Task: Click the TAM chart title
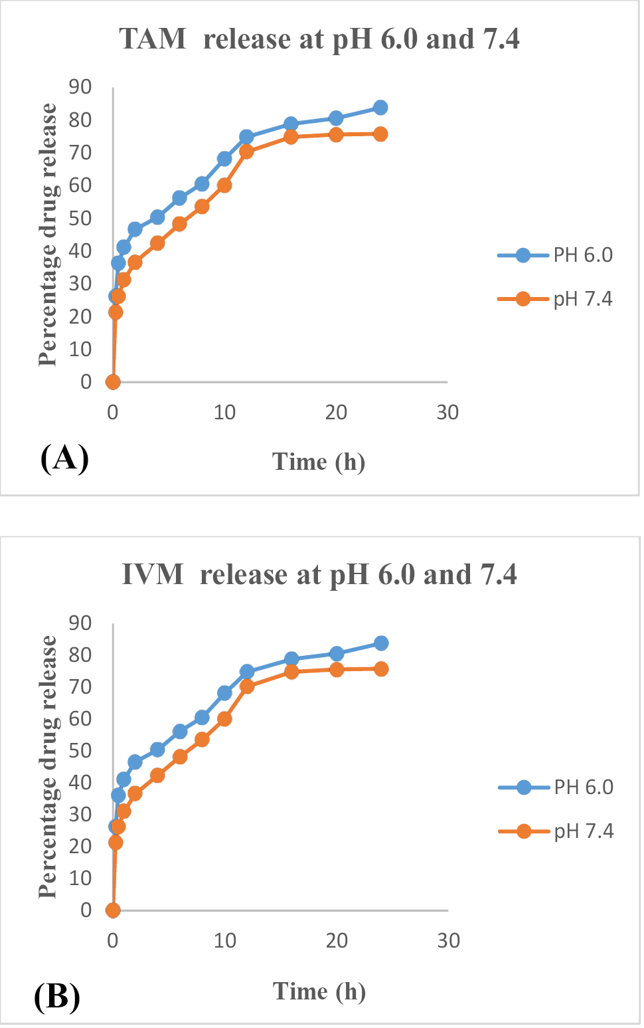pos(319,39)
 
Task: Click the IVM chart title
pos(319,574)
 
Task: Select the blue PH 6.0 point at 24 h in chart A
pos(380,108)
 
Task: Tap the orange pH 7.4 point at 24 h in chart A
pos(380,134)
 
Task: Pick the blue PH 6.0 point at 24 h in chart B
pos(381,643)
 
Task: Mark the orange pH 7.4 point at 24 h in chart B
pos(381,669)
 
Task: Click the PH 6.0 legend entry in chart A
pos(555,255)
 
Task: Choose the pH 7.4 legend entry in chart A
pos(555,299)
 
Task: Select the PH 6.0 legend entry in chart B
pos(556,787)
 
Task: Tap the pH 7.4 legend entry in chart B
pos(556,831)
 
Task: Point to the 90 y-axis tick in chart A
pos(80,87)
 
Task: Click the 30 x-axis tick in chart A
pos(448,413)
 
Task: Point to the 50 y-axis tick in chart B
pos(80,750)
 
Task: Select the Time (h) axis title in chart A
pos(319,462)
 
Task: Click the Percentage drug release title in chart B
pos(48,766)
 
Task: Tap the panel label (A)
pos(64,459)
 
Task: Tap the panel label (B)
pos(57,996)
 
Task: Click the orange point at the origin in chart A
pos(113,382)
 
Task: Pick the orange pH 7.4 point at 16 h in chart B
pos(291,672)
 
